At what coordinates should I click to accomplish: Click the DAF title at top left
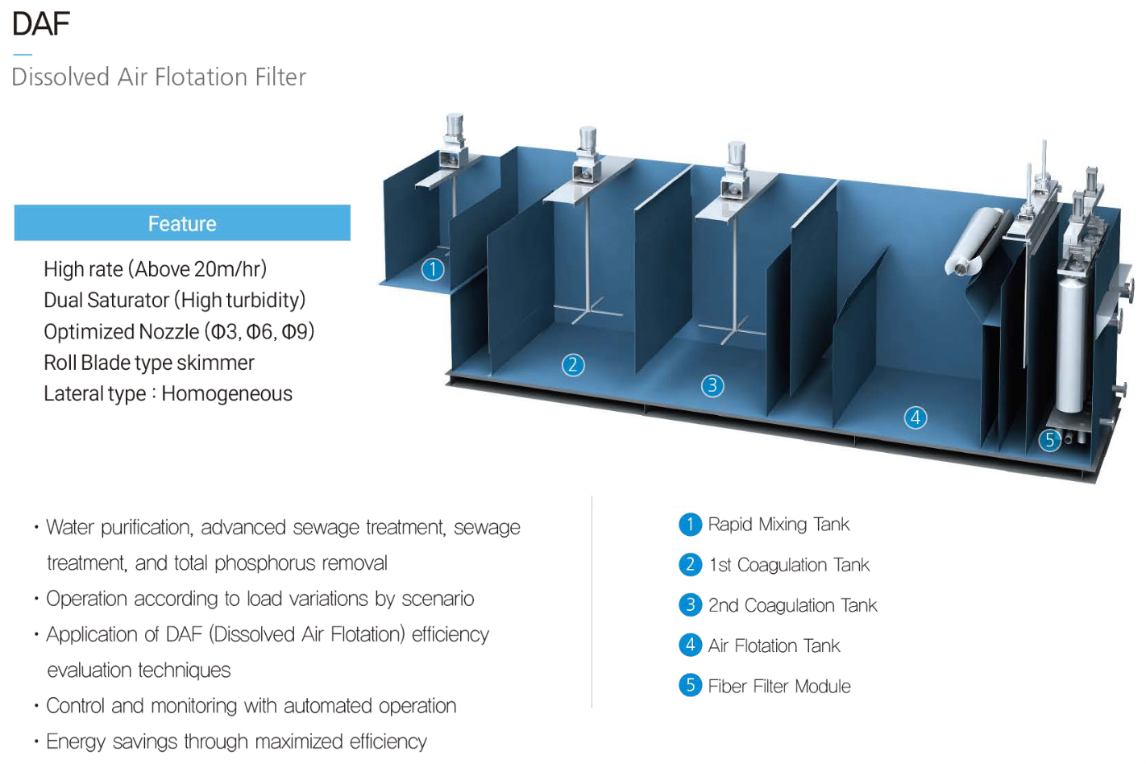coord(41,23)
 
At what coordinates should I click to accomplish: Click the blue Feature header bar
coord(182,223)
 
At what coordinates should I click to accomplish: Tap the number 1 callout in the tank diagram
coord(433,269)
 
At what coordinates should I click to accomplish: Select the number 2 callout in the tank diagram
coord(573,365)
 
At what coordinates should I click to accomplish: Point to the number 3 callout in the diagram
coord(712,386)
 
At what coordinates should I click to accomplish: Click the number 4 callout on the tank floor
coord(916,417)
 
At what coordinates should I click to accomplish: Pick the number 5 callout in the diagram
coord(1049,440)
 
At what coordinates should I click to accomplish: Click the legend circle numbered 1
coord(690,525)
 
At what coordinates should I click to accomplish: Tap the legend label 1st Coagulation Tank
coord(789,565)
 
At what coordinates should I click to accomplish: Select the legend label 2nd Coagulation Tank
coord(792,605)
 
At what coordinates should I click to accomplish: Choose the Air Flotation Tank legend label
coord(774,646)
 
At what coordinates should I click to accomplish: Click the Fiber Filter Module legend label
coord(779,686)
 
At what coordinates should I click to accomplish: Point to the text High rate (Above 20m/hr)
coord(155,269)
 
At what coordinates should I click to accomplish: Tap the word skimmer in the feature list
coord(215,363)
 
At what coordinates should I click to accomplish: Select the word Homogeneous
coord(226,394)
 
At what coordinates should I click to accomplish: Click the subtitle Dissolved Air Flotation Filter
coord(159,77)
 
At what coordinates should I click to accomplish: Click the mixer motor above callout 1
coord(454,129)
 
